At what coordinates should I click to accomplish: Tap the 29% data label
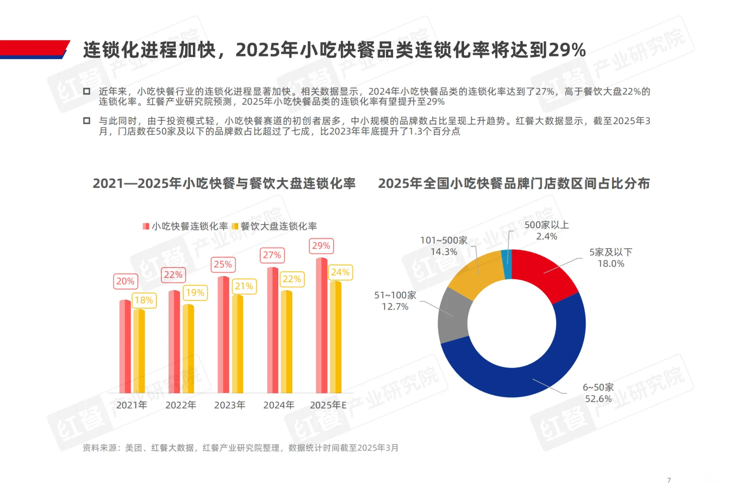coord(321,246)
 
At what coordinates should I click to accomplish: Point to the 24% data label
coord(340,272)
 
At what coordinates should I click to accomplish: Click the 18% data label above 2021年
coord(144,300)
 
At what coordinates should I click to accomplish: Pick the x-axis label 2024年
coord(279,405)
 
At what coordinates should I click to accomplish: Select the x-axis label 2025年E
coord(328,405)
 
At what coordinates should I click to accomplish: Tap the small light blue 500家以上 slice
coord(507,264)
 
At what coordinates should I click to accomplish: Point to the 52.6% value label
coord(598,399)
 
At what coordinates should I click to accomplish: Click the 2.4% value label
coord(547,237)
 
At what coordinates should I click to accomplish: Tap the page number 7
coord(669,480)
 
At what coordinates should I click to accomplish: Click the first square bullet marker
coord(87,92)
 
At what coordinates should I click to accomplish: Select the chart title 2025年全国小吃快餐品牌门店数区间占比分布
coord(514,183)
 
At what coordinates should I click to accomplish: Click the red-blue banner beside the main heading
coord(34,49)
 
